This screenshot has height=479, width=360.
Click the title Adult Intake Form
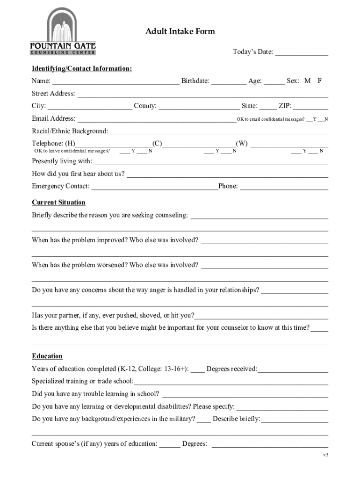180,31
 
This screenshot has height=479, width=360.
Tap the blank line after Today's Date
302,53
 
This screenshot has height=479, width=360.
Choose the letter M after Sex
307,81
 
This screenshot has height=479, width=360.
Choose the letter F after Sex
320,81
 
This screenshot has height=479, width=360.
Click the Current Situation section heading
58,203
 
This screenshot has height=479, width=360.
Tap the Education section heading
47,356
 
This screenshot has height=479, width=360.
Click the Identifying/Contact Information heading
82,69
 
